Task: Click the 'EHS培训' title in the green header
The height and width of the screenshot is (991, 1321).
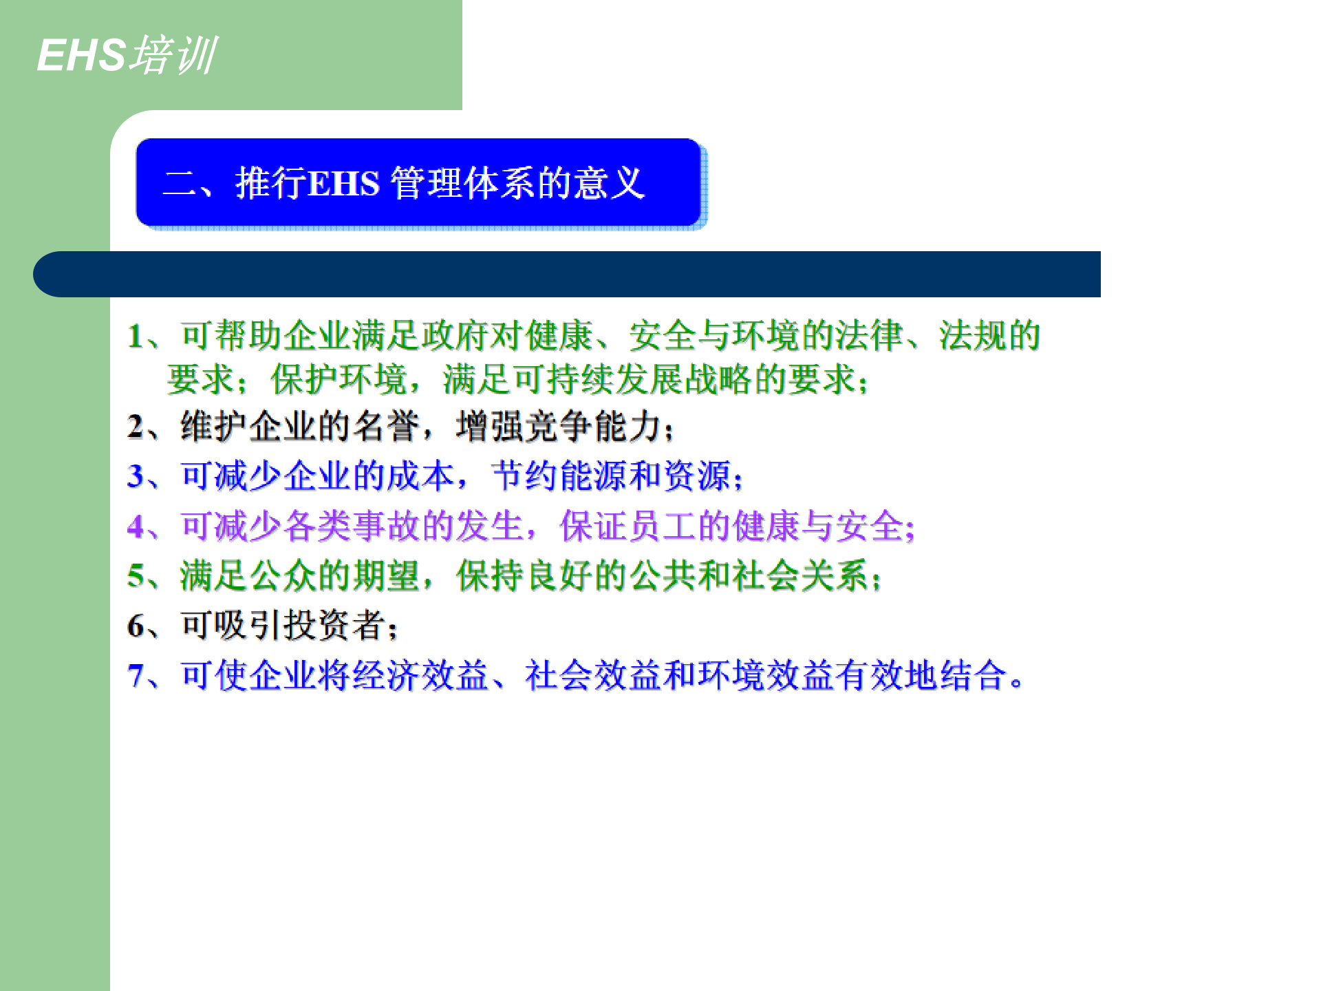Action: [x=127, y=55]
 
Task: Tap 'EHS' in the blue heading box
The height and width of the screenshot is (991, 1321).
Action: [x=343, y=184]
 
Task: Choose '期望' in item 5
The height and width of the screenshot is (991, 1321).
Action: [x=386, y=576]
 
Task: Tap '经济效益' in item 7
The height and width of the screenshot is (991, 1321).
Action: [x=420, y=676]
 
